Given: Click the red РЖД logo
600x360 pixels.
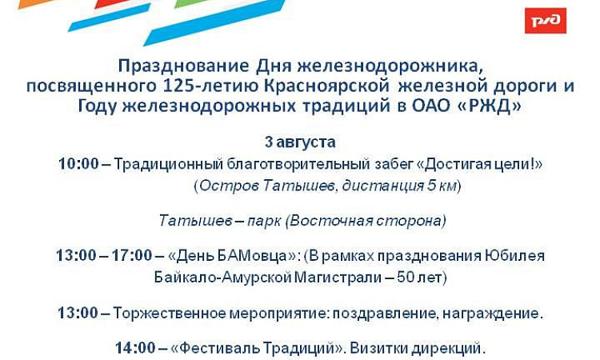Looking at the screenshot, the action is click(546, 21).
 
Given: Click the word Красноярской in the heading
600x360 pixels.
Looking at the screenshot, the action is click(326, 86).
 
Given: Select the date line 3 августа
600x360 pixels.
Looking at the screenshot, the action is click(300, 142).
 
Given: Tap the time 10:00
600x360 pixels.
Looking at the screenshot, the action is click(78, 164).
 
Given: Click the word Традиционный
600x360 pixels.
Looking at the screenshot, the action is click(168, 164).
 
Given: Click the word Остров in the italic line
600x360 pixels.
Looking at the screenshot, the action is click(230, 186).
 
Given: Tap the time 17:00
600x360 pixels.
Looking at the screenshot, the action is click(132, 255).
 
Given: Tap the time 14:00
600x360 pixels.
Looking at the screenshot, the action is click(135, 348).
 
